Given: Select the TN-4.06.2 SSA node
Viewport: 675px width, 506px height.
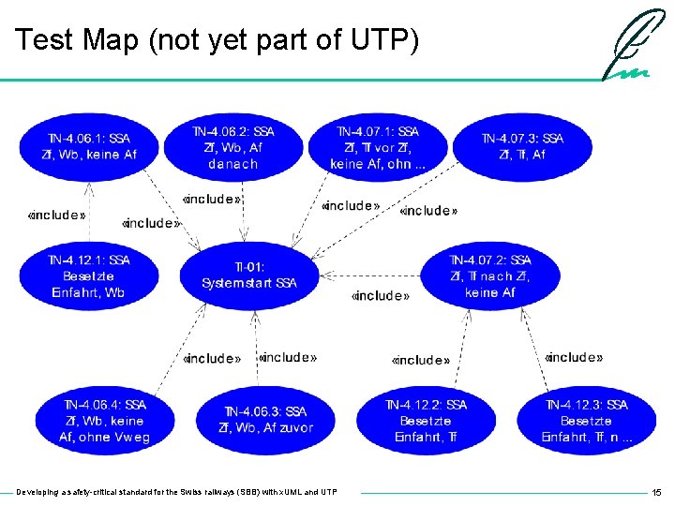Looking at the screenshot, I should [233, 147].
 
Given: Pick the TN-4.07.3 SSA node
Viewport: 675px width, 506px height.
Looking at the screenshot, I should [522, 146].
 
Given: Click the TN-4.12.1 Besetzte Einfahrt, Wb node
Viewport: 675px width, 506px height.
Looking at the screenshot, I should [89, 275].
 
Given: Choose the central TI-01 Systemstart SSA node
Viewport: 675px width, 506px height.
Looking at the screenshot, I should [249, 275].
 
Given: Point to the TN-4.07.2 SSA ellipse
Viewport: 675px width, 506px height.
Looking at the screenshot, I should [489, 275].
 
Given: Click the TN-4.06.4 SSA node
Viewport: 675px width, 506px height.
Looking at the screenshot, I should [104, 421].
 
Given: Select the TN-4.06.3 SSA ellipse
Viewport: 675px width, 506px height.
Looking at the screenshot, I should [265, 420].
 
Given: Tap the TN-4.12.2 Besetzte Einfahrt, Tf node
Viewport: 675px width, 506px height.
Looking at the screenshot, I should [426, 421].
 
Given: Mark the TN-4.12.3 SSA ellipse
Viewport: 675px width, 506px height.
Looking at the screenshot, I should [586, 421].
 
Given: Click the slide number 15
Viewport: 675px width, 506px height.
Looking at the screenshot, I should [656, 492].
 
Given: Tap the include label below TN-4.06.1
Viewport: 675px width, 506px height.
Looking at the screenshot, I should [57, 215].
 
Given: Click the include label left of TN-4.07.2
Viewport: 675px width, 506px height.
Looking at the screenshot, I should [380, 295].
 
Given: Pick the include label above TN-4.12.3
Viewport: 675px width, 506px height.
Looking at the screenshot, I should [573, 357].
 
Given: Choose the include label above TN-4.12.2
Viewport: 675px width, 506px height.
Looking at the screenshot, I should [420, 360].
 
